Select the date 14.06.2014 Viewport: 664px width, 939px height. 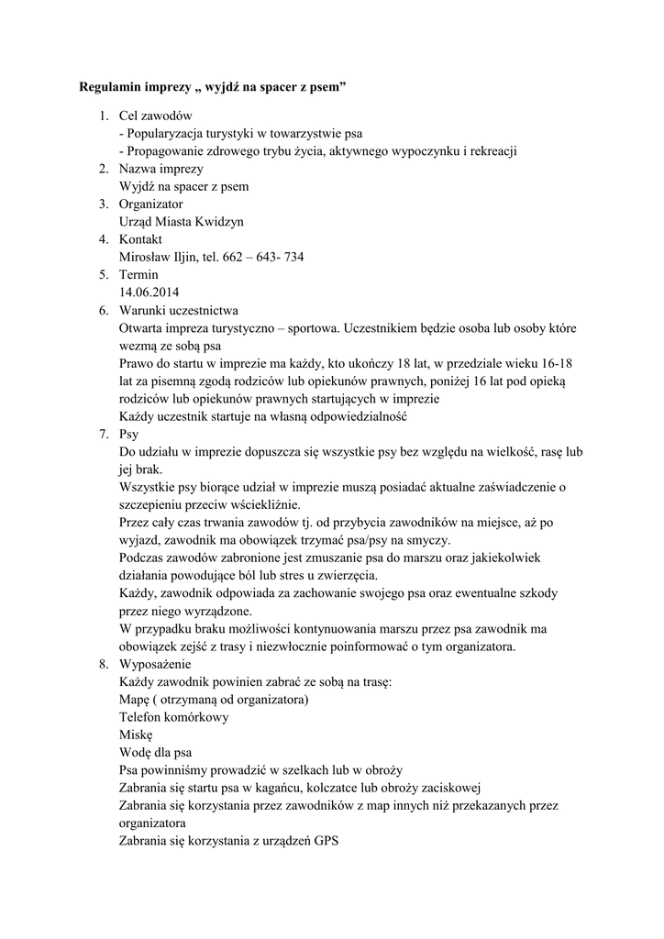(x=149, y=293)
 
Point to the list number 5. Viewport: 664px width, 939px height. (x=104, y=275)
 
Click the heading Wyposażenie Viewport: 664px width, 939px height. (x=154, y=665)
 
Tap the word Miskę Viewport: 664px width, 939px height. (x=136, y=735)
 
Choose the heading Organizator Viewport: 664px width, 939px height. (x=151, y=204)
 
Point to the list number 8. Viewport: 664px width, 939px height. (x=104, y=665)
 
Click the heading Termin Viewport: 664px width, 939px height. (x=138, y=275)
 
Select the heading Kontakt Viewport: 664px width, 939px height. (x=140, y=239)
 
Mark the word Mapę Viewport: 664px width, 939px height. (x=137, y=700)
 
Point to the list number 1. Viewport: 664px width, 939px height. (x=104, y=116)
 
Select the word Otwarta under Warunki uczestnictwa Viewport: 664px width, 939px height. (x=142, y=328)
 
